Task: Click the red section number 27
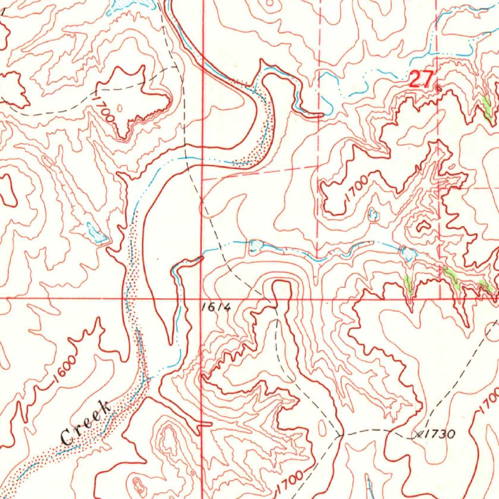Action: coord(421,79)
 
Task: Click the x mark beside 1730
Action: coord(418,434)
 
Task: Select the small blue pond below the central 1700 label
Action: coord(373,214)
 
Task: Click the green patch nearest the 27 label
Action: coord(486,107)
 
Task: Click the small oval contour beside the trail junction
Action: coord(322,428)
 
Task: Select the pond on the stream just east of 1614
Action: coord(255,245)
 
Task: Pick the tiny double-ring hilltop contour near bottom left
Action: coord(138,483)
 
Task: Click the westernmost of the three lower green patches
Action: coord(408,283)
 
